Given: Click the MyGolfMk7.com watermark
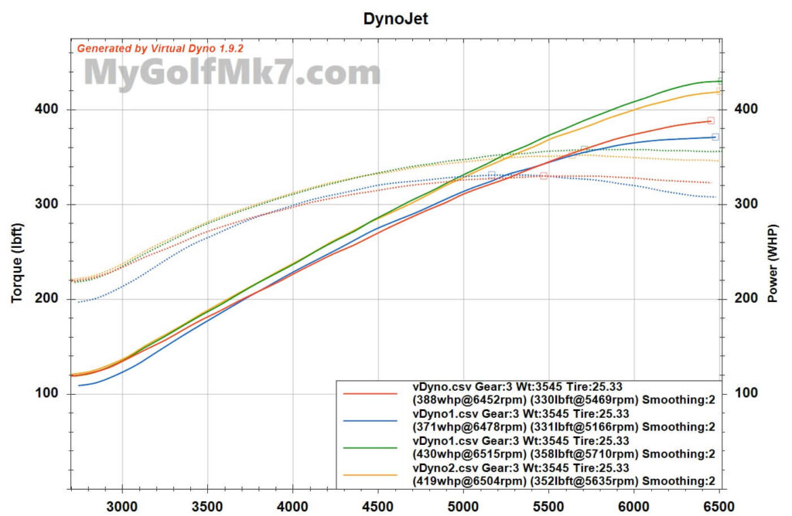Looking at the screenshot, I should point(232,73).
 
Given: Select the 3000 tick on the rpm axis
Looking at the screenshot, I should point(122,505).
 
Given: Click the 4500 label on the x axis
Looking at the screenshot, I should point(378,505).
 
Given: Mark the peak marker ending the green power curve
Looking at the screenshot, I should point(720,80).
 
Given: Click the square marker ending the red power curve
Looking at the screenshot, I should point(710,121).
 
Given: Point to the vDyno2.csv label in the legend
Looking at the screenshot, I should point(439,467).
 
